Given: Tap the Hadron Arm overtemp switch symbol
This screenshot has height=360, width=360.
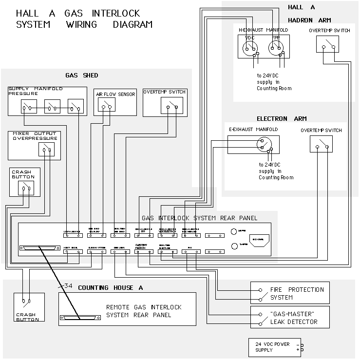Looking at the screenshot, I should (x=327, y=46).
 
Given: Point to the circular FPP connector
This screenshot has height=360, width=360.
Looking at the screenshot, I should (x=275, y=47).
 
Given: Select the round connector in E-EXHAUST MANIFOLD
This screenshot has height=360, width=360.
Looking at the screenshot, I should (x=264, y=144).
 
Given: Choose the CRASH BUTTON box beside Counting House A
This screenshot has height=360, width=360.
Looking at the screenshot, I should (x=29, y=307).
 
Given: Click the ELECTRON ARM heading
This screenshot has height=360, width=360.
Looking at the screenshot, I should (x=282, y=119).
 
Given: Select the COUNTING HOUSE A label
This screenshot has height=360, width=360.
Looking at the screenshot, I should (x=110, y=288).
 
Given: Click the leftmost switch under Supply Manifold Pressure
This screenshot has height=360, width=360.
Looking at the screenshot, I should (x=29, y=108).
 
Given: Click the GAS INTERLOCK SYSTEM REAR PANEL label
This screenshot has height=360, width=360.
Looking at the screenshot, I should (x=199, y=218).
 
